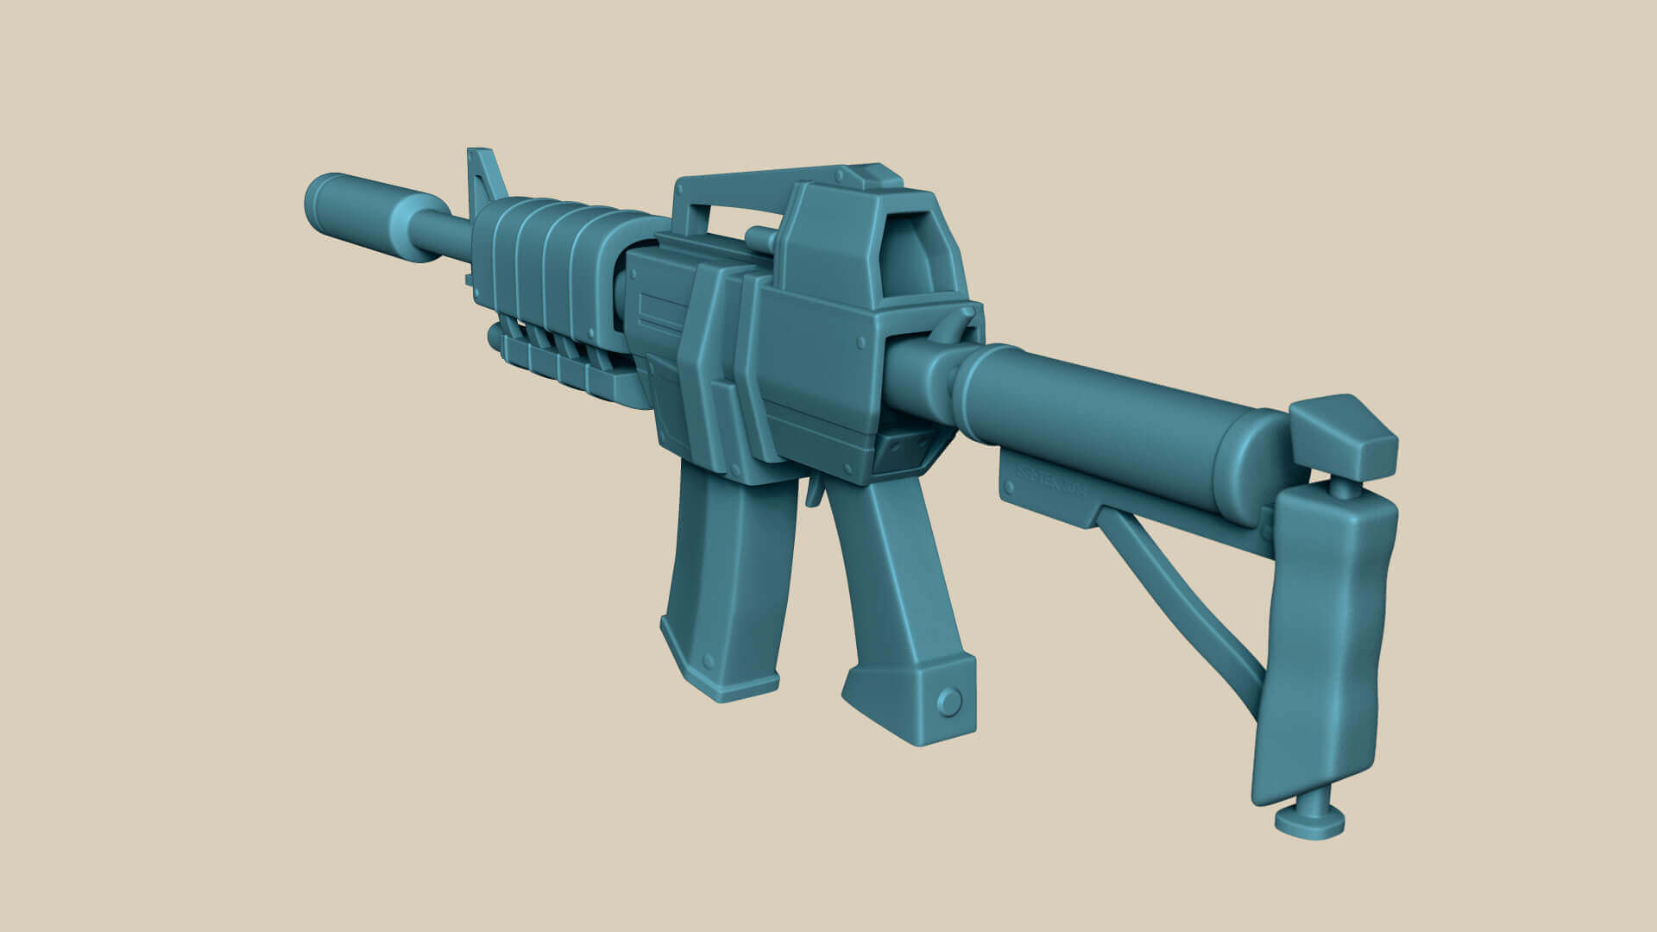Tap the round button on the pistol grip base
pos(949,702)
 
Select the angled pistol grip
pos(898,604)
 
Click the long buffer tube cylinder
pos(1122,414)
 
